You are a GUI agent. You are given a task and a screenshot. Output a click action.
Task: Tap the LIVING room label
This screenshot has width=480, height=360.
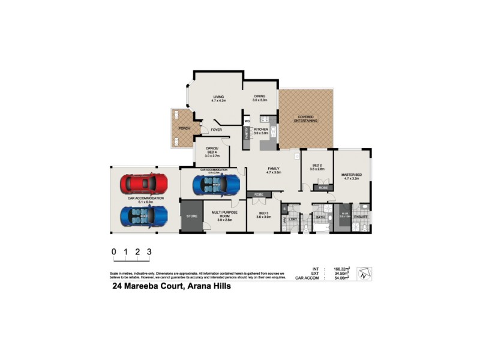click(x=217, y=98)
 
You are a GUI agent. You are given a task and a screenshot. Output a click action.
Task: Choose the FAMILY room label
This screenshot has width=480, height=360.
click(x=274, y=170)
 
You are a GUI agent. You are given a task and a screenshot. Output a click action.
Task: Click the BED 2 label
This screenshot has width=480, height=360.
click(x=317, y=167)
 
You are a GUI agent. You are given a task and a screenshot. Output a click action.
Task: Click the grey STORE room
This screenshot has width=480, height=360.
click(x=191, y=217)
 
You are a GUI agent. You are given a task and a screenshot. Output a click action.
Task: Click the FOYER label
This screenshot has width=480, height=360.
click(x=216, y=130)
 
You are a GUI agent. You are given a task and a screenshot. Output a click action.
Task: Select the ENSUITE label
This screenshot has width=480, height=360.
click(x=361, y=216)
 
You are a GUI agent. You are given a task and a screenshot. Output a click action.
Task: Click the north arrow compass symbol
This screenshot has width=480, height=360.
click(x=364, y=274)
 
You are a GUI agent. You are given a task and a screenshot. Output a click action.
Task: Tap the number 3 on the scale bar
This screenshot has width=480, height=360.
click(x=149, y=252)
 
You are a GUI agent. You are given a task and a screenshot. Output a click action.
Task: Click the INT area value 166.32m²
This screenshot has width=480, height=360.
click(x=341, y=269)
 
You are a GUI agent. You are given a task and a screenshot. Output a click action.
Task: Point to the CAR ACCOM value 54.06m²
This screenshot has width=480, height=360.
click(x=341, y=278)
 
